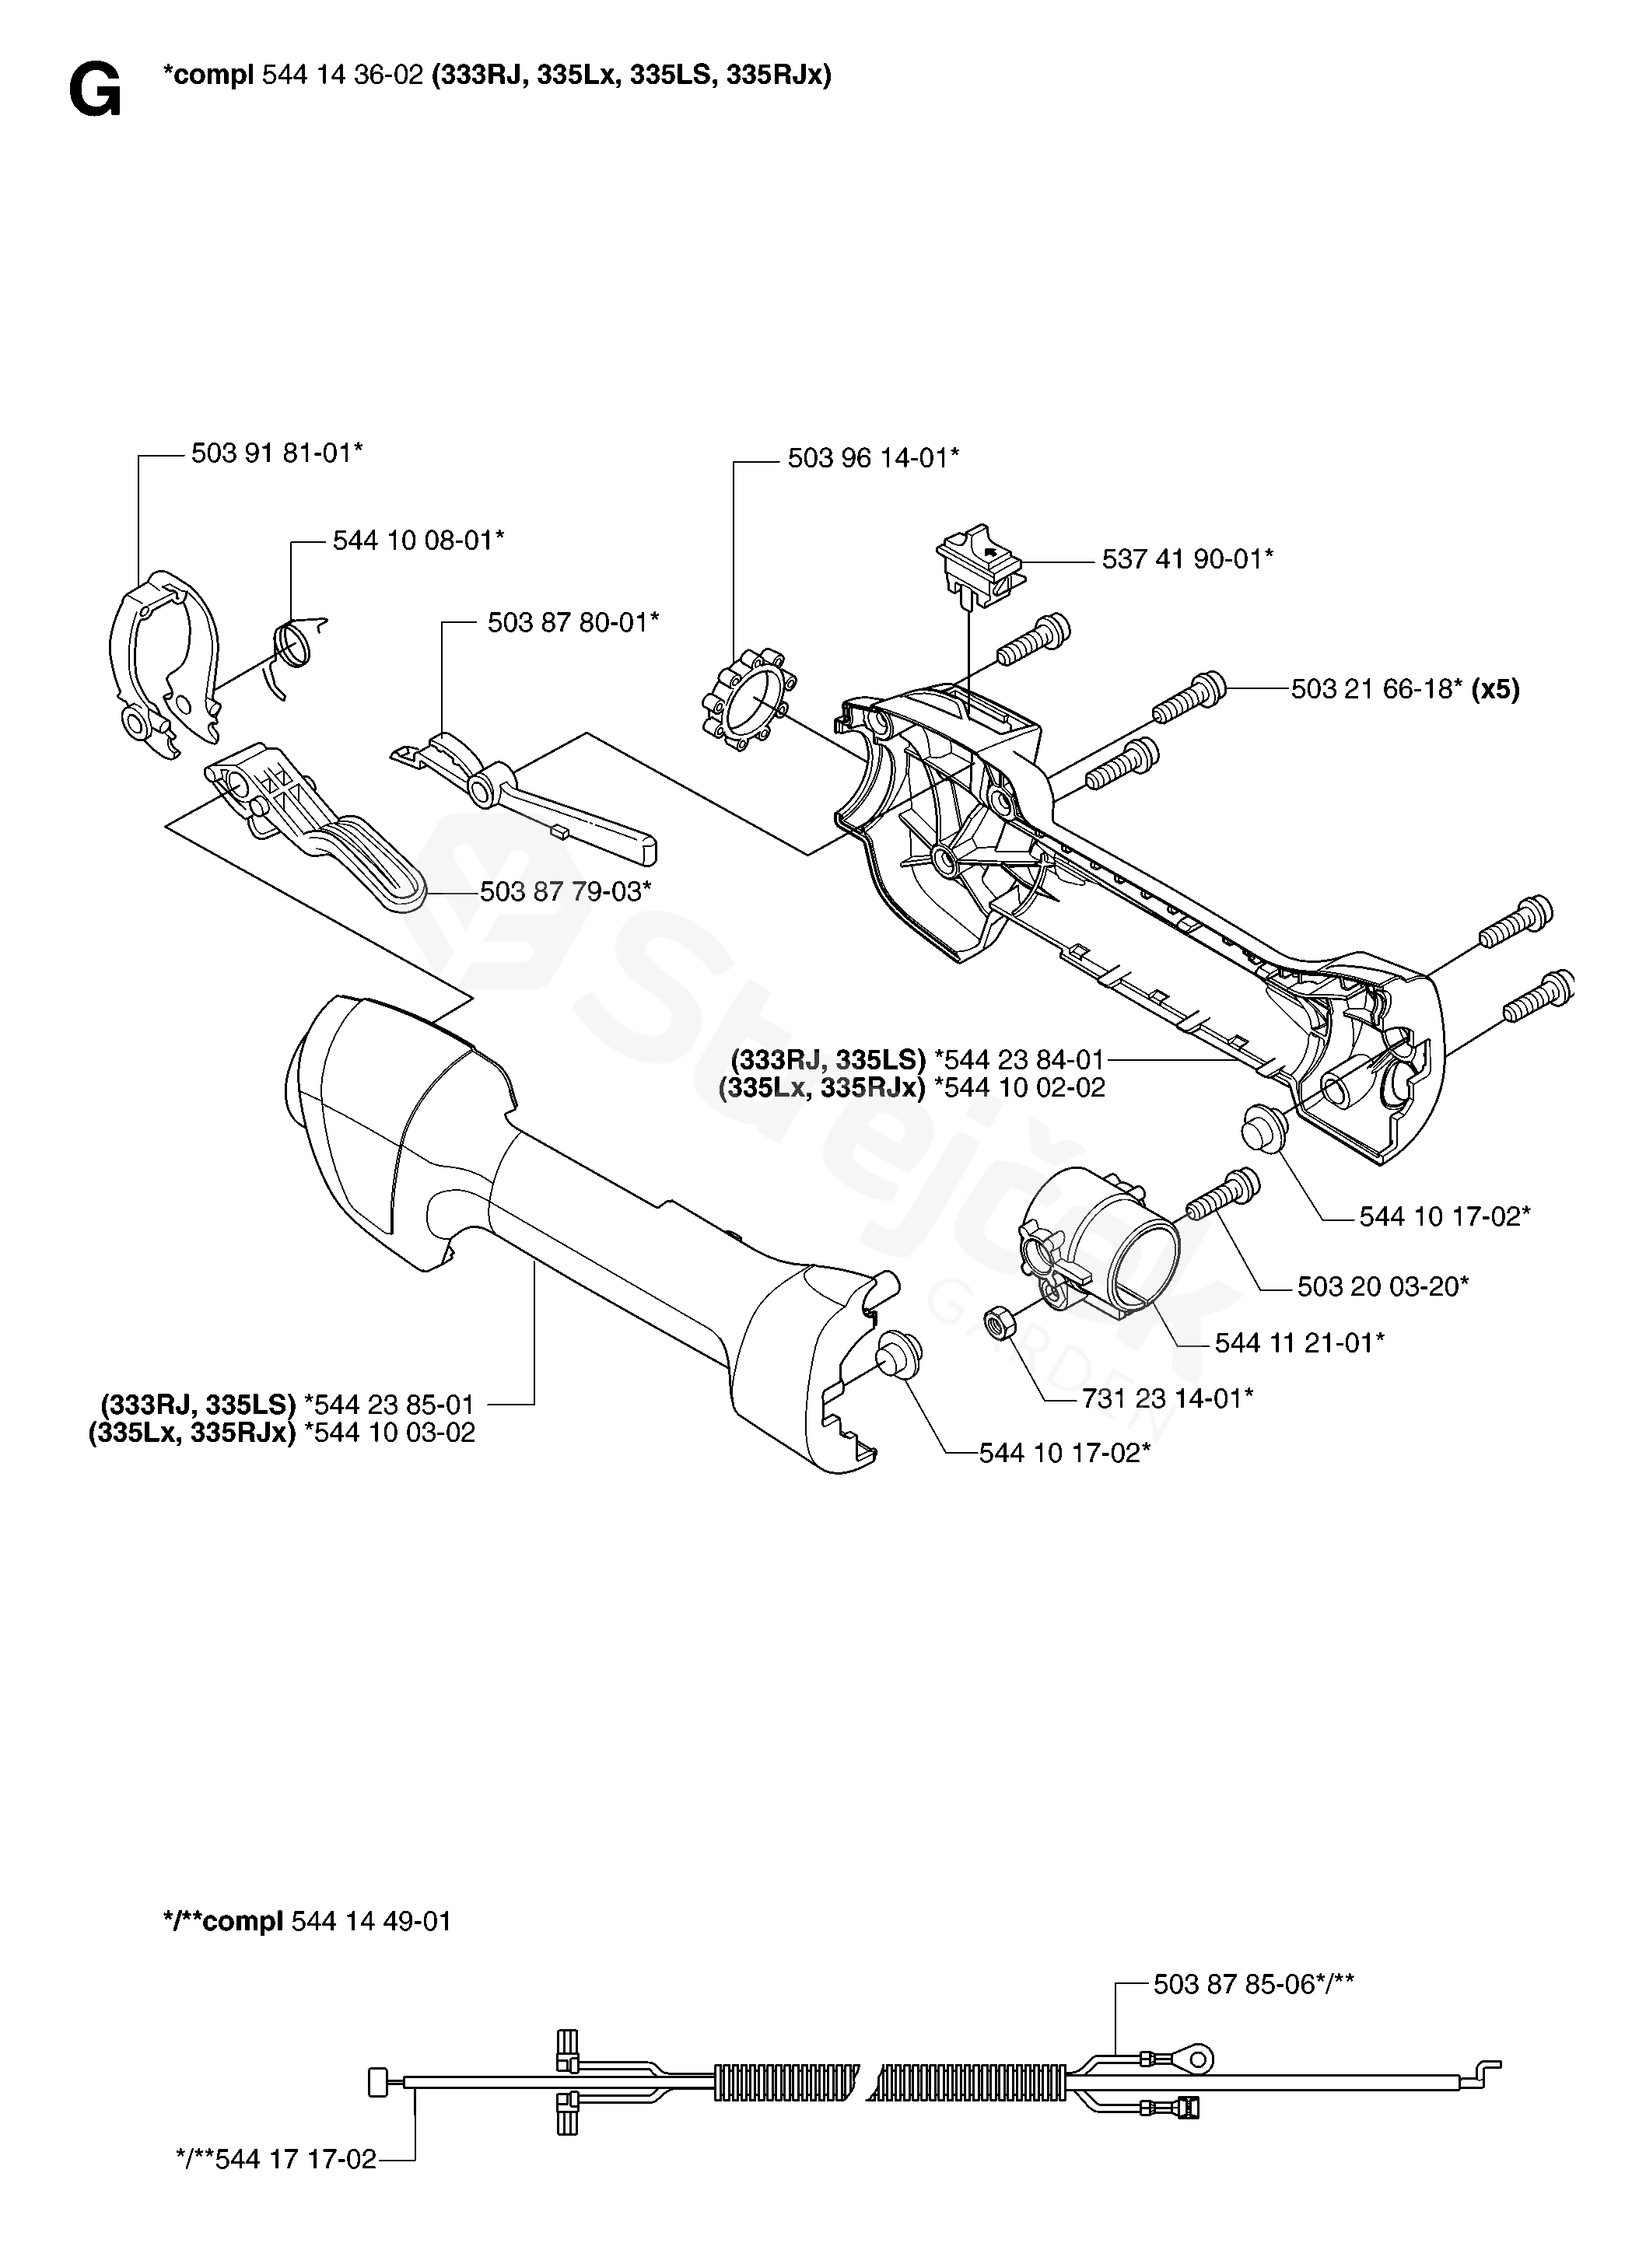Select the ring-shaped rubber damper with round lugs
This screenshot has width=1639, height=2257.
[x=744, y=700]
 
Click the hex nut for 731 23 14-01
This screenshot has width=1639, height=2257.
[x=997, y=1323]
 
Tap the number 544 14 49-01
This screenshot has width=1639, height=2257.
[x=371, y=1921]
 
